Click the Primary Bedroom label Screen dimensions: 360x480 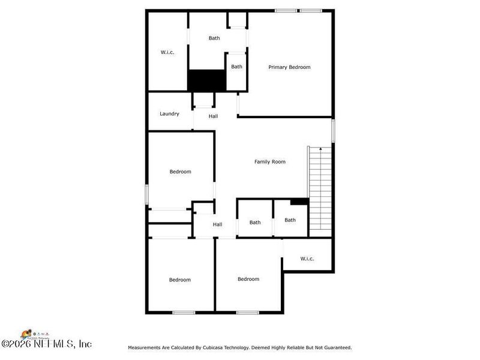[x=289, y=67]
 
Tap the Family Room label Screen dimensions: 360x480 [x=270, y=161]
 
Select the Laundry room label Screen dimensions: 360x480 [x=169, y=113]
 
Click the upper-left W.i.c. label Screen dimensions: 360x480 [x=167, y=52]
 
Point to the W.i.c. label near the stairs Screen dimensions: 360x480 [x=307, y=259]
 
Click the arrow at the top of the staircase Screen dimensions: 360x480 [x=320, y=148]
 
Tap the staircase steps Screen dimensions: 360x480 [x=320, y=192]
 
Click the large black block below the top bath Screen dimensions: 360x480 [x=206, y=80]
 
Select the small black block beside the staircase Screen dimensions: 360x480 [x=299, y=202]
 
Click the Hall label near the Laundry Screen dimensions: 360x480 [x=213, y=116]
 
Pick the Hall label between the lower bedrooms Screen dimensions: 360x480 [x=217, y=224]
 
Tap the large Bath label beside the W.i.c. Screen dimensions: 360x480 [x=214, y=38]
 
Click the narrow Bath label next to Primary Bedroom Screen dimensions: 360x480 [x=237, y=67]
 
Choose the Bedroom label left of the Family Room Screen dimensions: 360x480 [x=180, y=172]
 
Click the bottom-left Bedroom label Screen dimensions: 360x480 [x=179, y=280]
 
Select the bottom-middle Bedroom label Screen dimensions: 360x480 [x=248, y=279]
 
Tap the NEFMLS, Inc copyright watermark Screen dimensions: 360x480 [x=46, y=344]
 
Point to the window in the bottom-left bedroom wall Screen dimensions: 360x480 [x=184, y=312]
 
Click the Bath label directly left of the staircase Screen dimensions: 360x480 [x=290, y=220]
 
